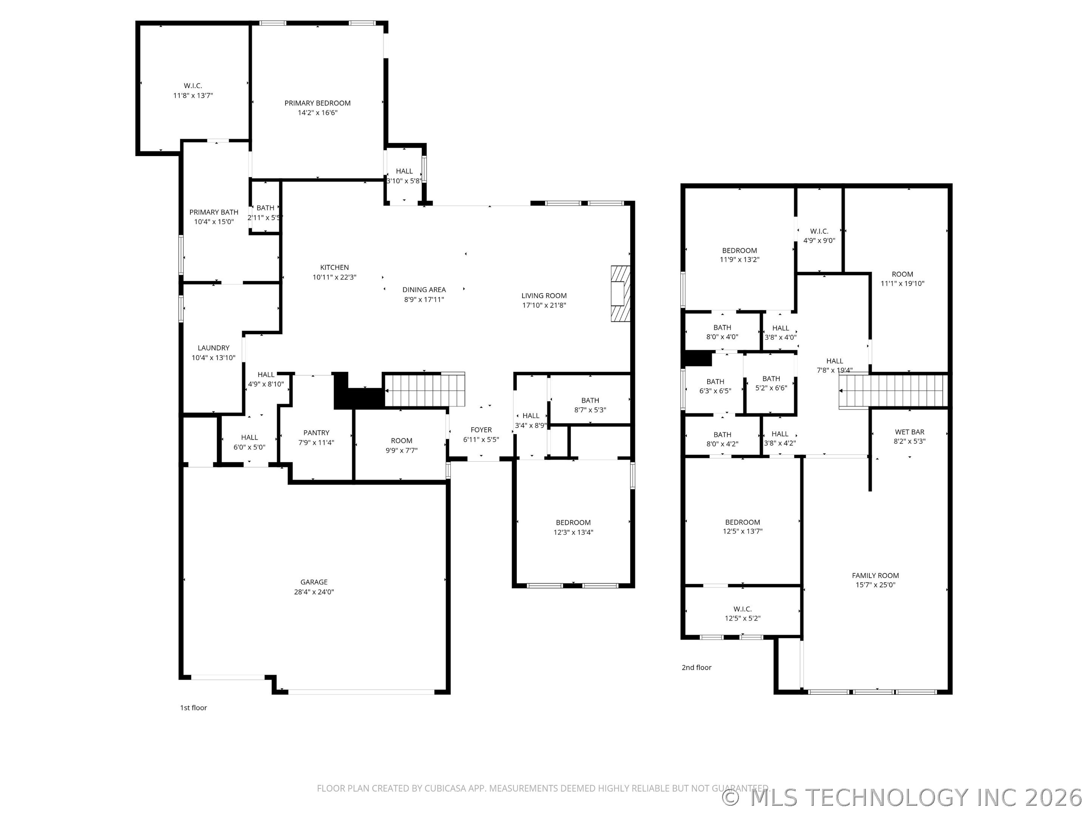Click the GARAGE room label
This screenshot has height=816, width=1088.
pyautogui.click(x=314, y=582)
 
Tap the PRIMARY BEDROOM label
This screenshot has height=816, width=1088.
pyautogui.click(x=317, y=103)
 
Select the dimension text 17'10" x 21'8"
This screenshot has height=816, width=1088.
pyautogui.click(x=544, y=305)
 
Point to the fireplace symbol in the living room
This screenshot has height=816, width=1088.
pyautogui.click(x=620, y=294)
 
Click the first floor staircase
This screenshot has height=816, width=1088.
pyautogui.click(x=424, y=389)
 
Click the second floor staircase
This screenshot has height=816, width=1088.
pyautogui.click(x=893, y=391)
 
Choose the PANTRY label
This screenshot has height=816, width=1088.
pyautogui.click(x=316, y=433)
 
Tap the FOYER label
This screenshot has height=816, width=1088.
pyautogui.click(x=481, y=430)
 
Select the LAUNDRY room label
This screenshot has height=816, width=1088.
pyautogui.click(x=213, y=348)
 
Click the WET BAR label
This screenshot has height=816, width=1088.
pyautogui.click(x=909, y=432)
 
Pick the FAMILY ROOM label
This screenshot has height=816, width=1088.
pyautogui.click(x=875, y=575)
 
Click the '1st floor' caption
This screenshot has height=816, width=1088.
pyautogui.click(x=193, y=708)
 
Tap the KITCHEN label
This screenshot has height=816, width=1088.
pyautogui.click(x=334, y=267)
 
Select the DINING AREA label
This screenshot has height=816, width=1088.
pyautogui.click(x=424, y=290)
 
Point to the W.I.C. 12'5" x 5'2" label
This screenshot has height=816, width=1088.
pyautogui.click(x=742, y=614)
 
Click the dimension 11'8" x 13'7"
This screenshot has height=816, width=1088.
pyautogui.click(x=193, y=96)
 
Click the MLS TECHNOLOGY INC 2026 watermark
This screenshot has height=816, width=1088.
pyautogui.click(x=903, y=797)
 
